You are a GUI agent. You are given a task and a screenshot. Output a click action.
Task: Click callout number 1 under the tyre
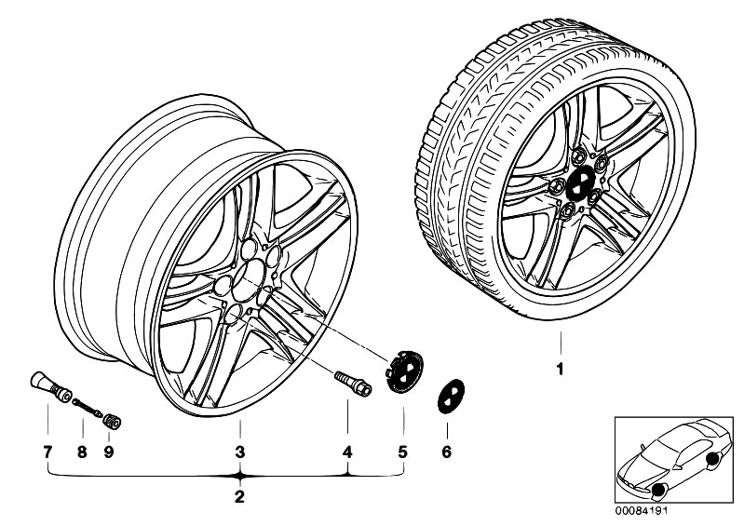point(560,370)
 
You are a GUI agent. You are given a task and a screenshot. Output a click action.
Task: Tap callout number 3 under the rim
point(239,452)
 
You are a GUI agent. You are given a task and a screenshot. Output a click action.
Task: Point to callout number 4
point(347,452)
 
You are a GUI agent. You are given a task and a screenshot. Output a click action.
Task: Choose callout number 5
point(403,452)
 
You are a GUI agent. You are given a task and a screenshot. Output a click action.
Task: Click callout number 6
point(446,452)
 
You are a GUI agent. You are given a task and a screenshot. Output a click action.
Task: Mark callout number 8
point(82,452)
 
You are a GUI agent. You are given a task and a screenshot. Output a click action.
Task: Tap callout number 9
point(110,452)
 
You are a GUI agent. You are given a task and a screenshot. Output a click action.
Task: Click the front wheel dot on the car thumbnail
point(659,491)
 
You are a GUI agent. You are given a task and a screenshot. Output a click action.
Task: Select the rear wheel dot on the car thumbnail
point(713,459)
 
